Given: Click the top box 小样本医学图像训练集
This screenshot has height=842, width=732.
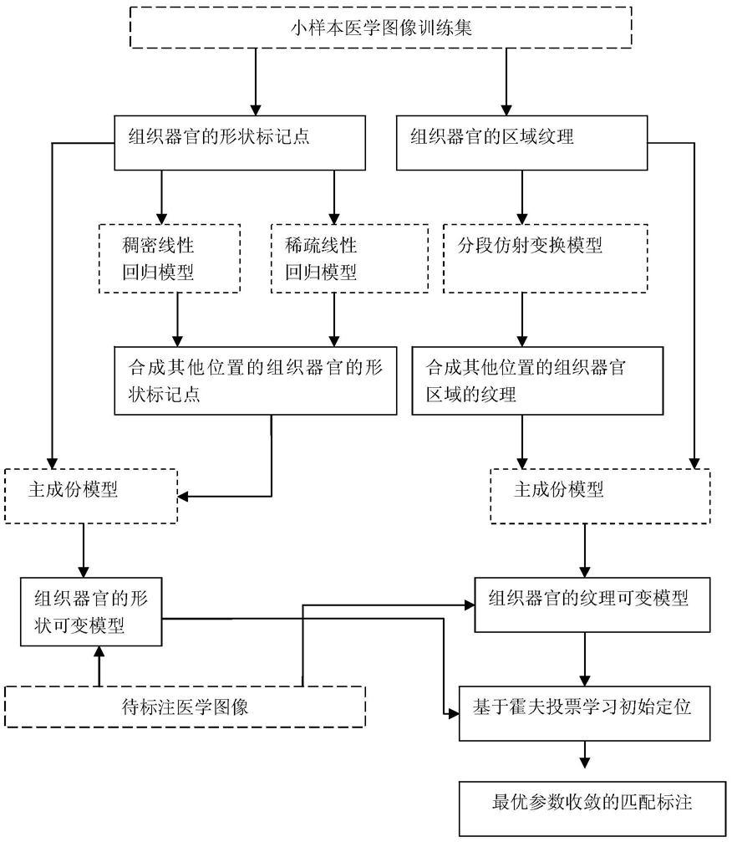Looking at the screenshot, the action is click(x=380, y=28).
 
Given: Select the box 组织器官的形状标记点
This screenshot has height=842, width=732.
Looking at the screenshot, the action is click(x=240, y=143).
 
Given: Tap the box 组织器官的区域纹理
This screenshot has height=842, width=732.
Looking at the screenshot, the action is click(x=521, y=143).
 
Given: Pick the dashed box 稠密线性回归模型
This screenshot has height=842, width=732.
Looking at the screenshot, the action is click(x=170, y=258).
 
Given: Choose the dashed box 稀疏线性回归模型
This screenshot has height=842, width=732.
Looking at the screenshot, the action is click(x=350, y=258).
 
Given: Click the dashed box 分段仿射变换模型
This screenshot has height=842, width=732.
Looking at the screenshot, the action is click(x=546, y=258).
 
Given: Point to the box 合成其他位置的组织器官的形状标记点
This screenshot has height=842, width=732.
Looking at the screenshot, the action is click(x=256, y=380).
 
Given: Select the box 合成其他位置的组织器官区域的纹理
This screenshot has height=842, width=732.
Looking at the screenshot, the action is click(x=537, y=380).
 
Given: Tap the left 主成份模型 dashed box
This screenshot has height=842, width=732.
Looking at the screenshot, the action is click(x=91, y=496).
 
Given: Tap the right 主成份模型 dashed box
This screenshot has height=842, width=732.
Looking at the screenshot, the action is click(x=600, y=496).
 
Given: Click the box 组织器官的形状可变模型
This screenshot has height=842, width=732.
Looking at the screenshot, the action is click(x=91, y=611).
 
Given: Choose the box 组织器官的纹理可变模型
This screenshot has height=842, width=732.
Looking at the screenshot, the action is click(x=592, y=605).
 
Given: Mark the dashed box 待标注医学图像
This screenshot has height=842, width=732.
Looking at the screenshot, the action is click(x=186, y=707).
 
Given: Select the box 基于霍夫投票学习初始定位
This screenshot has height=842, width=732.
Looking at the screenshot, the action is click(x=584, y=714).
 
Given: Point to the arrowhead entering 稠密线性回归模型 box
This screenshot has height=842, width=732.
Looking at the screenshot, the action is click(x=161, y=218).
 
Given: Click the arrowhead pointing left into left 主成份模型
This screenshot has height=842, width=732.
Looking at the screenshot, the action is click(x=183, y=496).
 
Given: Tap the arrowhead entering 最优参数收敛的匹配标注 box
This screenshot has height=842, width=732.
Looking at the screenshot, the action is click(x=585, y=763).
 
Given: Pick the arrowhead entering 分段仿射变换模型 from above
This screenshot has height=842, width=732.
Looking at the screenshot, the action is click(x=521, y=218).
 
